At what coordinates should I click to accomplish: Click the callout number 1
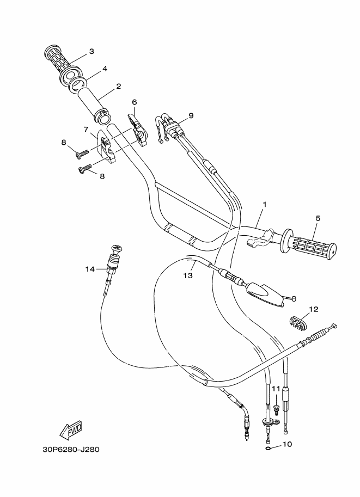[264, 205]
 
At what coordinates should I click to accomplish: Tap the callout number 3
[91, 51]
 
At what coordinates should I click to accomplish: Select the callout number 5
[319, 218]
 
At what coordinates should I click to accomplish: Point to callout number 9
[191, 115]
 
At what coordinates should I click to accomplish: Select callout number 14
[90, 268]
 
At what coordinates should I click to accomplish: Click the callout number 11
[276, 389]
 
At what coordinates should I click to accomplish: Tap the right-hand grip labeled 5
[308, 247]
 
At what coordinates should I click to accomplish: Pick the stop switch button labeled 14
[115, 251]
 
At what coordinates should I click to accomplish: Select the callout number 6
[134, 102]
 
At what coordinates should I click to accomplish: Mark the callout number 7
[86, 129]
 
